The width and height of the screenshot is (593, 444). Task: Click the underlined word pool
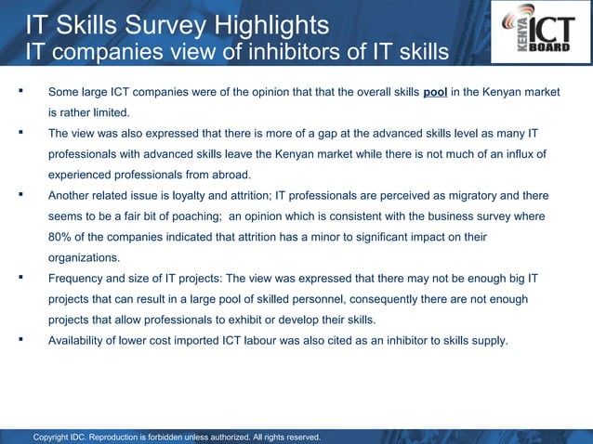point(435,93)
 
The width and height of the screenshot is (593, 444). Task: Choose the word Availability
point(80,340)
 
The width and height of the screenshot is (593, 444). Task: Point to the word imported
point(214,340)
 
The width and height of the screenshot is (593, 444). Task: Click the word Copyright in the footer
point(55,437)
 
